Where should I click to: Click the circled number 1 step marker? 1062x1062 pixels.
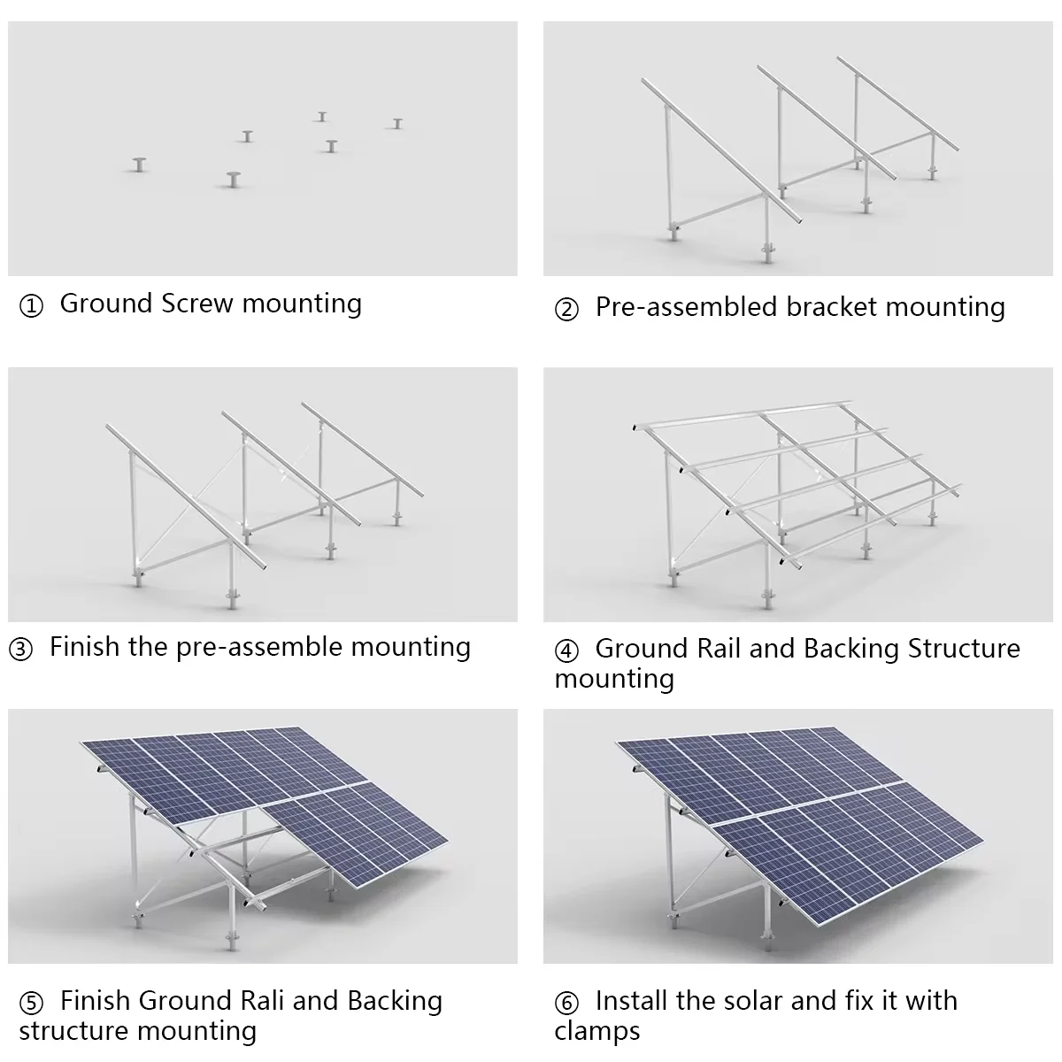click(x=31, y=307)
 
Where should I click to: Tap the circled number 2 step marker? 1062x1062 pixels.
click(x=566, y=311)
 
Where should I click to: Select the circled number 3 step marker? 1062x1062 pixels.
click(x=21, y=650)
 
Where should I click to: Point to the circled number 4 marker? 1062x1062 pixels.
click(x=566, y=651)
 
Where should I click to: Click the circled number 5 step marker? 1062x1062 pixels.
click(x=31, y=1004)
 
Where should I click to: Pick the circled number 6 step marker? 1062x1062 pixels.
click(x=566, y=1004)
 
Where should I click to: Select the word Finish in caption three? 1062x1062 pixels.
click(x=84, y=647)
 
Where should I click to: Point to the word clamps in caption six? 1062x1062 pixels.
click(x=597, y=1031)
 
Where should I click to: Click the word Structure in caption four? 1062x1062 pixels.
click(x=964, y=649)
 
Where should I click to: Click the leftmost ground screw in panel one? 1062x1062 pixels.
click(x=139, y=164)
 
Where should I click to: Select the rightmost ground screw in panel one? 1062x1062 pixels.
click(x=397, y=123)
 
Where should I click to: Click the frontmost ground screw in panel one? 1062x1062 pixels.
click(x=234, y=179)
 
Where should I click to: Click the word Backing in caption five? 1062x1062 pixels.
click(x=395, y=1001)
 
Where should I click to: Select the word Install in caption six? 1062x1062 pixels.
click(x=631, y=1001)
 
